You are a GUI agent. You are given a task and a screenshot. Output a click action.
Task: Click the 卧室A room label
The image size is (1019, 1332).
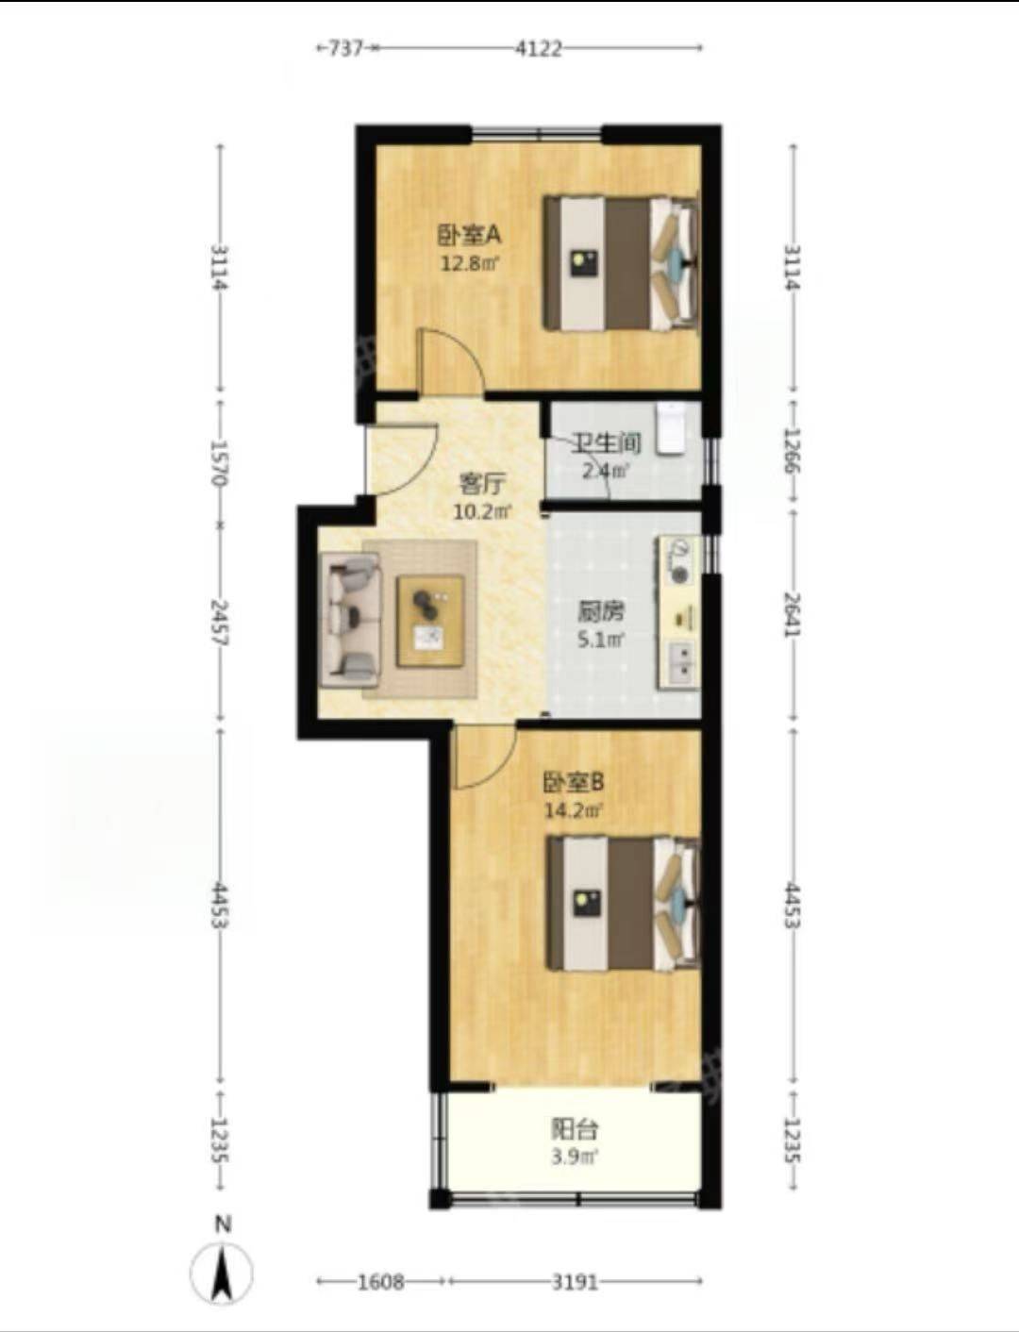click(x=470, y=236)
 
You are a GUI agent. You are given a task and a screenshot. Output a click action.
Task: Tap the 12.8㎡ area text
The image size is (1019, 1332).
click(x=470, y=264)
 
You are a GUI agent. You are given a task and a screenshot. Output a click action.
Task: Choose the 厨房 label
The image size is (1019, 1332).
click(x=601, y=613)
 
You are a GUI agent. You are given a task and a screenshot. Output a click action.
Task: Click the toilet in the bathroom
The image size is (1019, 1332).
click(x=671, y=428)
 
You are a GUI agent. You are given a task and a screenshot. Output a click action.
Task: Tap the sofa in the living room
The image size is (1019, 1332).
click(x=351, y=619)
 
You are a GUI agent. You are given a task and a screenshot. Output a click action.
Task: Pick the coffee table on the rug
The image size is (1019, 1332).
click(x=430, y=621)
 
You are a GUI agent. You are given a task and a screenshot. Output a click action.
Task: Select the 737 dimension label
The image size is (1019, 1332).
click(x=345, y=48)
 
